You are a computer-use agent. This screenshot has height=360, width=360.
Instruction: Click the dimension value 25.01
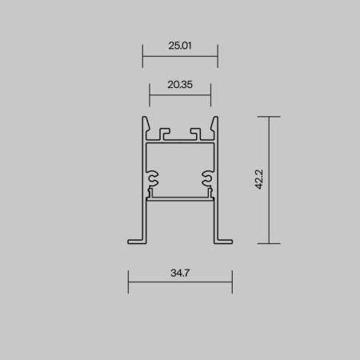point(180,46)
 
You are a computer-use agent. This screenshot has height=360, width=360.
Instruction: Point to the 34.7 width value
point(180,273)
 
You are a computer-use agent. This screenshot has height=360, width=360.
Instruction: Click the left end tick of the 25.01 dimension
point(142,56)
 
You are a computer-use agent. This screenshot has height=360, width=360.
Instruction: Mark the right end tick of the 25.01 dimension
point(218,56)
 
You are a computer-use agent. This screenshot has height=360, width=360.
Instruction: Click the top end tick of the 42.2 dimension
point(269,117)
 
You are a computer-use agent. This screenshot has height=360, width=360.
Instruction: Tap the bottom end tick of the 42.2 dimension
point(269,242)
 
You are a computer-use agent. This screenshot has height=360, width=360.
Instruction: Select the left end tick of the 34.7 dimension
point(128,282)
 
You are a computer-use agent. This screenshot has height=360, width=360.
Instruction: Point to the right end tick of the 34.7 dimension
point(232,282)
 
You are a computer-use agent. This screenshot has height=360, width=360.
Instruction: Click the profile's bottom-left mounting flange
point(136,239)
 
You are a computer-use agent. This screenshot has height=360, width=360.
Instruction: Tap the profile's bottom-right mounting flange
point(223,239)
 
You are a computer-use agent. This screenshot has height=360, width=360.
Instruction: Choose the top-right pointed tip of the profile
point(215,119)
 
